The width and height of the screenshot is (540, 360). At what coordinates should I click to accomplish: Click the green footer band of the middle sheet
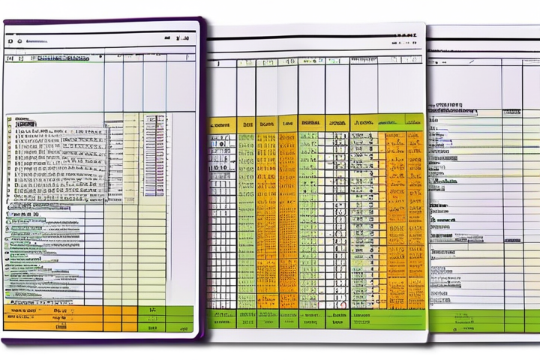315,319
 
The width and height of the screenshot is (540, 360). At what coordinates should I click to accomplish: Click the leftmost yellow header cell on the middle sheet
221,123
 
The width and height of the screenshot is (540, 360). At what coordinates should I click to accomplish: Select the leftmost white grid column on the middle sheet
221,217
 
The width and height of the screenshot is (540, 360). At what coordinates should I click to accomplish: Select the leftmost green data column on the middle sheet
246,217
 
